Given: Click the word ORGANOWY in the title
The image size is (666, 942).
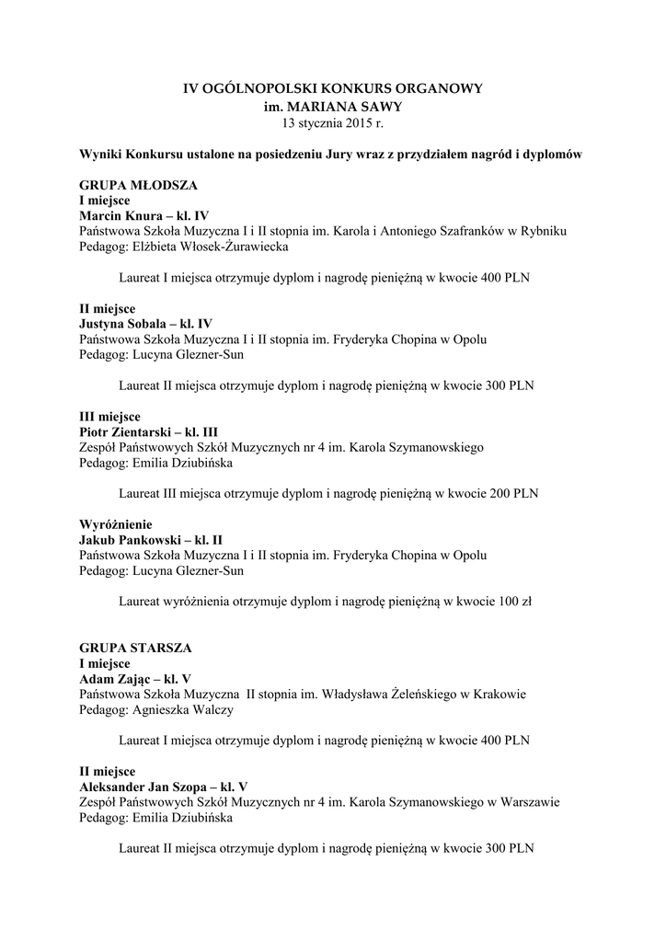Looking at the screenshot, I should [432, 88].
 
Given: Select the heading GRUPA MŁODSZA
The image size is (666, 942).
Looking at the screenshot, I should [138, 185].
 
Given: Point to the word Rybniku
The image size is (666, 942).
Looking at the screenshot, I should [544, 231].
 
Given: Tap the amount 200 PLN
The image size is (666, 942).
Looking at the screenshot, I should [514, 493].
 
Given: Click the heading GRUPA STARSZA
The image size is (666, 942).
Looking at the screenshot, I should [135, 648].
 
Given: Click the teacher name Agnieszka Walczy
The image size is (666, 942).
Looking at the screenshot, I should [183, 709].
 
